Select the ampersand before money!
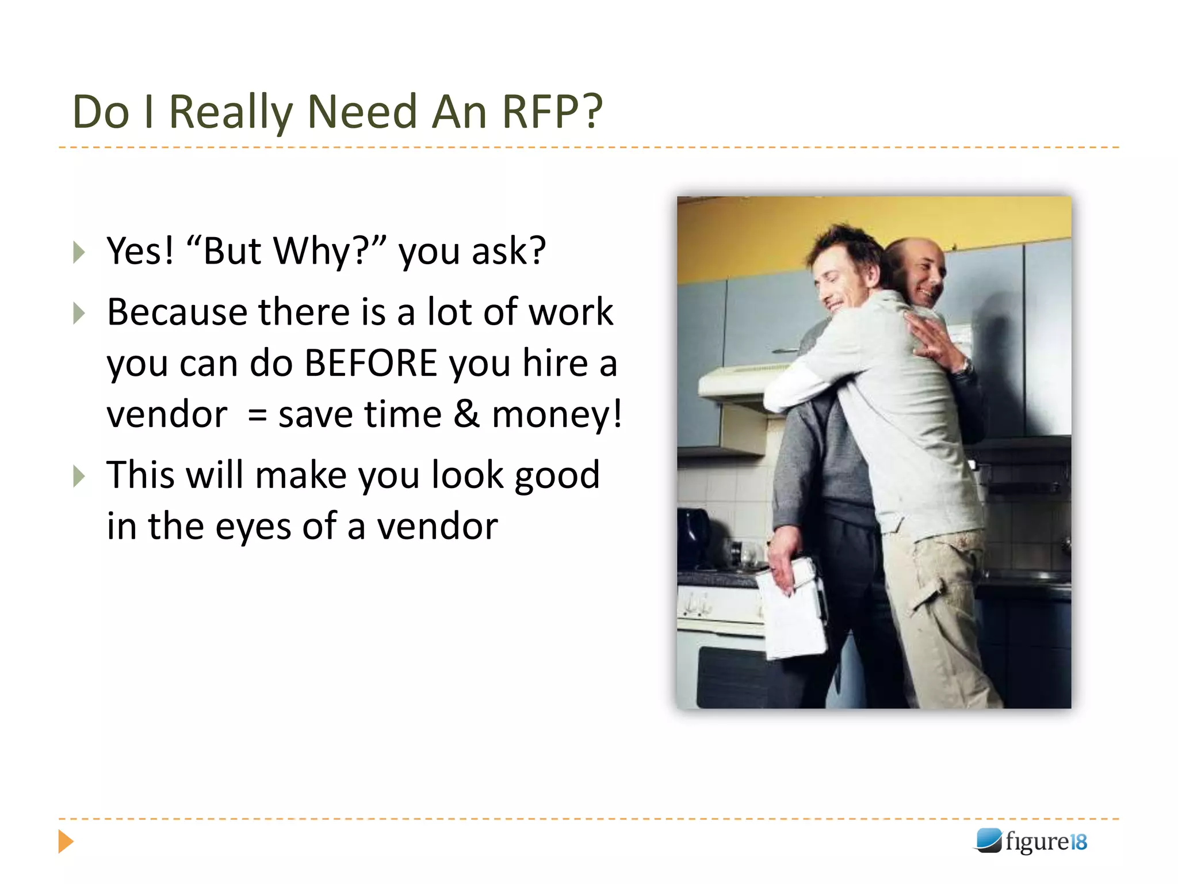tap(466, 414)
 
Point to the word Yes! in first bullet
tap(140, 251)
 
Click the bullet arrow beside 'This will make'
tap(79, 476)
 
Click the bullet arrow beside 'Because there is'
tap(79, 313)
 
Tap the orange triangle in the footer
tap(66, 841)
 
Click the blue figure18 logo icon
tap(989, 840)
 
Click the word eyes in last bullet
tap(253, 527)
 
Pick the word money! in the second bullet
tap(557, 414)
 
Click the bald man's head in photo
tap(919, 265)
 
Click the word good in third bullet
tap(557, 476)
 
